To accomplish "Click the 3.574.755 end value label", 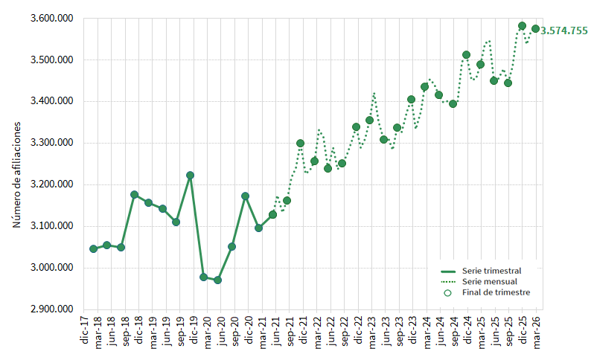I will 564,30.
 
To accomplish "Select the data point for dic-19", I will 190,176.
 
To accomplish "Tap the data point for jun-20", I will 217,280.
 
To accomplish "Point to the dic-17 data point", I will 93,248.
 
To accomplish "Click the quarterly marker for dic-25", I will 522,26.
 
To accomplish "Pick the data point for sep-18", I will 134,195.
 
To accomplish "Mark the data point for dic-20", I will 245,196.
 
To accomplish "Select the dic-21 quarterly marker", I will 301,143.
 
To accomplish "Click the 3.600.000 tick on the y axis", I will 53,19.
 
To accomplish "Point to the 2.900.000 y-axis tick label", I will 53,309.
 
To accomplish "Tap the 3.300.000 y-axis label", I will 53,143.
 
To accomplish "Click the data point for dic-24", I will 466,55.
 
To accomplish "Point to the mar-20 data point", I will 203,277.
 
